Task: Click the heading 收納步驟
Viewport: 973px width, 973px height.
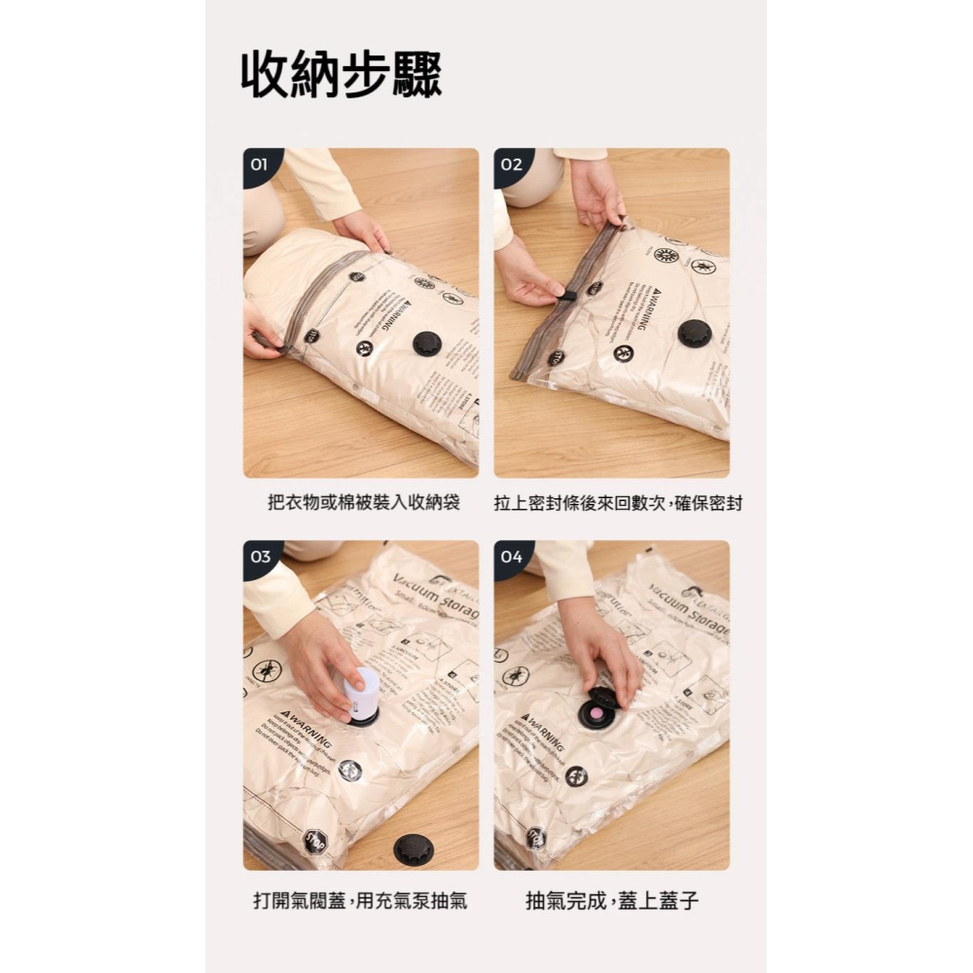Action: coord(342,74)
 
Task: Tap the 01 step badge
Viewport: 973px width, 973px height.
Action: coord(259,164)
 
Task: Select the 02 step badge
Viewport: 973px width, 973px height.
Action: coord(511,164)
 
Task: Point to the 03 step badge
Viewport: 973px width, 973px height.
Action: coord(260,558)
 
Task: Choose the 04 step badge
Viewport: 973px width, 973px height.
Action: coord(511,558)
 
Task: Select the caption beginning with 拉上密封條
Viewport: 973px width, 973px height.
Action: coord(618,504)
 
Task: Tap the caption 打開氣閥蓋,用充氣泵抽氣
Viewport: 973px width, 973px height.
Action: coord(360,901)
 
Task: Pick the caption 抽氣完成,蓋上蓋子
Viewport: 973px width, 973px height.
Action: coord(612,901)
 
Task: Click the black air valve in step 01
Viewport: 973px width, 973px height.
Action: coord(427,342)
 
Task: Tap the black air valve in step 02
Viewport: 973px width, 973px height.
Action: coord(694,333)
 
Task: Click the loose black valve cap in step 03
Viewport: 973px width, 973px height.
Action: coord(414,848)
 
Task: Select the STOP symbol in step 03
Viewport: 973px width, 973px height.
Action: coord(313,841)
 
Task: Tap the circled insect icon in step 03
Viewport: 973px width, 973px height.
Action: coord(267,670)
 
